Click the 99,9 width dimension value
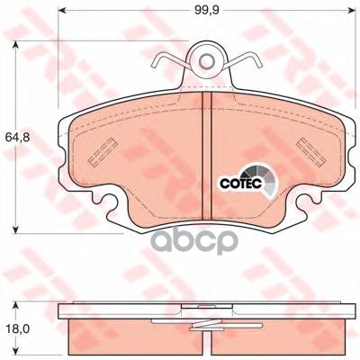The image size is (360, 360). tap(207, 10)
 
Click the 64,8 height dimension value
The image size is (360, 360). tap(17, 138)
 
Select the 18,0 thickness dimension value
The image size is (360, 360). tap(17, 329)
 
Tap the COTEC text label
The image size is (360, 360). tap(241, 184)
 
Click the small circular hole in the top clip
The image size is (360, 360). tap(206, 61)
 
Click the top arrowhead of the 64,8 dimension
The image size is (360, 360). tap(15, 45)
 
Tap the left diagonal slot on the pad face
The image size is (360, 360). tap(103, 152)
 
